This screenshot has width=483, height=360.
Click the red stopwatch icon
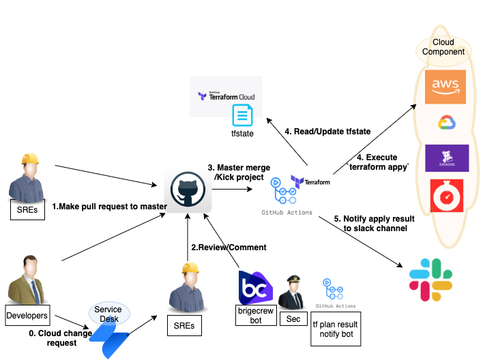(447, 196)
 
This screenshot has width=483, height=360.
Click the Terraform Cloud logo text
(226, 97)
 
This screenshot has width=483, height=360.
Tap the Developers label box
(27, 316)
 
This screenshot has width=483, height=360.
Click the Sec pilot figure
(293, 291)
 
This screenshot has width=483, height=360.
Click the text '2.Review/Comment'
(229, 247)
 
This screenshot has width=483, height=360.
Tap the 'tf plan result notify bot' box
(336, 329)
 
